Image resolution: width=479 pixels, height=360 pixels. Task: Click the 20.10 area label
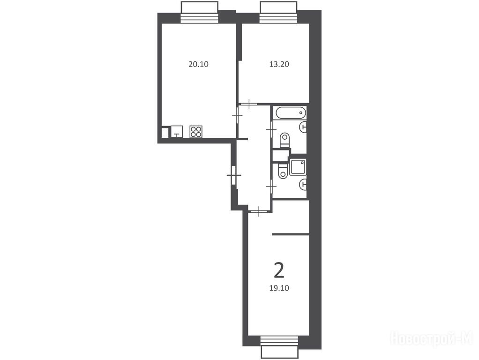pyautogui.click(x=199, y=65)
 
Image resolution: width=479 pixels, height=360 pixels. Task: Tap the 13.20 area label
pyautogui.click(x=279, y=65)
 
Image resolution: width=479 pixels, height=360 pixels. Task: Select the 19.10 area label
pyautogui.click(x=279, y=288)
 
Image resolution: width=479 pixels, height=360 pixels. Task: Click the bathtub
pyautogui.click(x=291, y=113)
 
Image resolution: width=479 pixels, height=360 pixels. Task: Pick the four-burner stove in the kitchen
pyautogui.click(x=196, y=131)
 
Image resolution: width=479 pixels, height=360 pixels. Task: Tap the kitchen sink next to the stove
pyautogui.click(x=177, y=131)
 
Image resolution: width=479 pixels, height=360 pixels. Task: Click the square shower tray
pyautogui.click(x=298, y=167)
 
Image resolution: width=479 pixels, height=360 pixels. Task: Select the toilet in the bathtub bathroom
pyautogui.click(x=284, y=140)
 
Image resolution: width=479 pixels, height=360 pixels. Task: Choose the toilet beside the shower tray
pyautogui.click(x=283, y=171)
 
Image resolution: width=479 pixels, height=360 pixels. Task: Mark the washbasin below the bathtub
pyautogui.click(x=303, y=127)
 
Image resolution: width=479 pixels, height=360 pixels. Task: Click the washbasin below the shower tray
pyautogui.click(x=303, y=184)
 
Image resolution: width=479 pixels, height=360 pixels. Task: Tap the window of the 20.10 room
pyautogui.click(x=200, y=12)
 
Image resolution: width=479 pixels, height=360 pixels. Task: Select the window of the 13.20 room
pyautogui.click(x=278, y=12)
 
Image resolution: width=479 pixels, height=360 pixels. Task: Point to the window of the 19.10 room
pyautogui.click(x=279, y=347)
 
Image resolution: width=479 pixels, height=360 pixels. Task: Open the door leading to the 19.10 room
pyautogui.click(x=259, y=211)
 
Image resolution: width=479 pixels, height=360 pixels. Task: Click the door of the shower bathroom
pyautogui.click(x=271, y=186)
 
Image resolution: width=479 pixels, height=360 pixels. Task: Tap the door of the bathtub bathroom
pyautogui.click(x=271, y=130)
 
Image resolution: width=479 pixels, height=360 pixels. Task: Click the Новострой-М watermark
pyautogui.click(x=432, y=338)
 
